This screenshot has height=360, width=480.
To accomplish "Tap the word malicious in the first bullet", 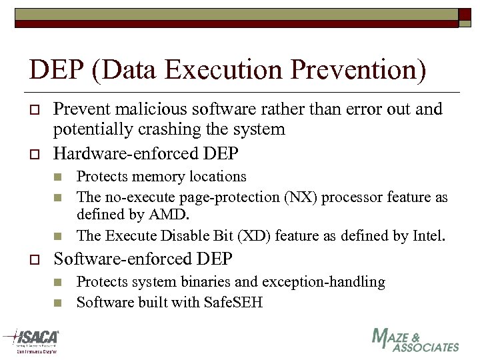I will [x=145, y=109].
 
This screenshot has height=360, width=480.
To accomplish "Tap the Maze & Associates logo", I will [x=415, y=340].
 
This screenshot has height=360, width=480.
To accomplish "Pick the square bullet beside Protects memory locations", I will [x=58, y=177].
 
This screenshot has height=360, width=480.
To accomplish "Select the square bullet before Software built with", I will [x=58, y=303].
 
